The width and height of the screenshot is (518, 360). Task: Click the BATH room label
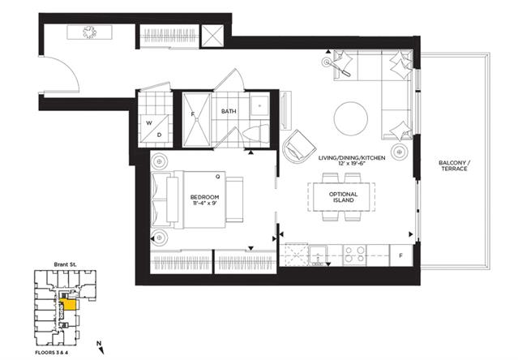[x=229, y=111]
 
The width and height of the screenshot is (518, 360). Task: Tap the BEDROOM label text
[x=204, y=197]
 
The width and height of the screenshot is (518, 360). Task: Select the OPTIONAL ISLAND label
[x=344, y=197]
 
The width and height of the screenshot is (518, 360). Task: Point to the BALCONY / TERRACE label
[x=454, y=165]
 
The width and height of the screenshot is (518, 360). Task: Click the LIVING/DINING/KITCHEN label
[x=352, y=158]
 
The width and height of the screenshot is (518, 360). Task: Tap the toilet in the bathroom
[x=256, y=134]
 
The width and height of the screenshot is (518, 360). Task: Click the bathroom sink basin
[x=259, y=105]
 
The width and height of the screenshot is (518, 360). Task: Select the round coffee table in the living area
[x=351, y=118]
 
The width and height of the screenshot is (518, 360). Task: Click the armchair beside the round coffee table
[x=299, y=146]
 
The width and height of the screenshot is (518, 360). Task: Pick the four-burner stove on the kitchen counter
[x=354, y=255]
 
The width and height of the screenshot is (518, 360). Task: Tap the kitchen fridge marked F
[x=401, y=255]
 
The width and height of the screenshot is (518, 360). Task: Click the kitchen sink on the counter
[x=318, y=255]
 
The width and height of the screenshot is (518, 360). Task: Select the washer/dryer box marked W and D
[x=155, y=129]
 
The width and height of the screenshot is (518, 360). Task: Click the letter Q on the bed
[x=218, y=177]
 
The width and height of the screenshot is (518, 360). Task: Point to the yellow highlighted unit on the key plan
[x=69, y=305]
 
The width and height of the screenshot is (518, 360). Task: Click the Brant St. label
[x=65, y=264]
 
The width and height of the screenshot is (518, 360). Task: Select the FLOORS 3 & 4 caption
[x=52, y=353]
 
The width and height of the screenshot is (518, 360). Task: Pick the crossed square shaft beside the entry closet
[x=212, y=36]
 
